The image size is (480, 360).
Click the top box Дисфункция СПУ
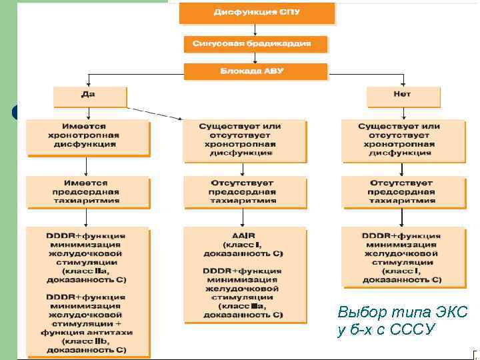[x=256, y=13]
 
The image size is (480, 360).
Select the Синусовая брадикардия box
[x=256, y=44]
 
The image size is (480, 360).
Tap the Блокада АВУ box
[x=256, y=71]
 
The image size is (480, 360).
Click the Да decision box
[x=89, y=96]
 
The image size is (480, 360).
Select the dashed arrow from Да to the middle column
[x=155, y=113]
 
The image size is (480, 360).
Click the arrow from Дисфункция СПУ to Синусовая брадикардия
[x=256, y=29]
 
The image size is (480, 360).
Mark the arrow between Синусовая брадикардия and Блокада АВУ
[x=256, y=58]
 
